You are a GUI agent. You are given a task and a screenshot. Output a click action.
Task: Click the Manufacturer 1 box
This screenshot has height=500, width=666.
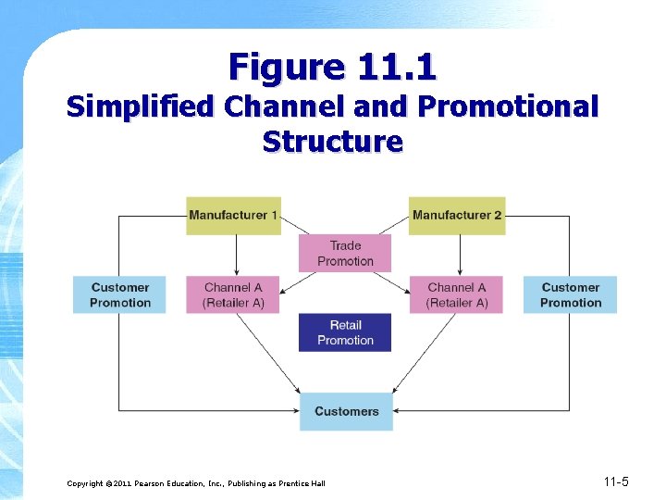233,216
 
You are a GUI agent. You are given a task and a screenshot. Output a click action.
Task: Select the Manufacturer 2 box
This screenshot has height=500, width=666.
458,216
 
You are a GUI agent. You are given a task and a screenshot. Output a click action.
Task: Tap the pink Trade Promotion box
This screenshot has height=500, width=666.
345,253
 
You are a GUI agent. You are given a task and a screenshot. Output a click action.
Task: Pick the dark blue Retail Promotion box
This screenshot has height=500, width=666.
345,332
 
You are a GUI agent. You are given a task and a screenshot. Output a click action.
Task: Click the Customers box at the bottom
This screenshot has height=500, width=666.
346,411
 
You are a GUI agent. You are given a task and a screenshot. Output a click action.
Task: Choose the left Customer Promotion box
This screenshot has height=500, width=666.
120,294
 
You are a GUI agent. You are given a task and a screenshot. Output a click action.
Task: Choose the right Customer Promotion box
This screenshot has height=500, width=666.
570,294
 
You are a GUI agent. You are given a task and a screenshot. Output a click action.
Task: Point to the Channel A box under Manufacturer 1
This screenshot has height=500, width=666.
233,294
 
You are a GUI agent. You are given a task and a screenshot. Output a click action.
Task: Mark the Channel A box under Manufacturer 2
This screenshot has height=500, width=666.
457,294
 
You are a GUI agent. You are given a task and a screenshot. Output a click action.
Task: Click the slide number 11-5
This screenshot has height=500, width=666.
615,481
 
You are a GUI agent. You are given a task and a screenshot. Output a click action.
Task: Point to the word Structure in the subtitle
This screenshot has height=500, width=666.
333,142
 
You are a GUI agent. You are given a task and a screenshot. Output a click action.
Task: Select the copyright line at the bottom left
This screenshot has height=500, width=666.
196,483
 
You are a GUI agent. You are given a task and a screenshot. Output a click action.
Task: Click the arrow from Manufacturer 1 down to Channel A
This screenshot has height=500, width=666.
236,255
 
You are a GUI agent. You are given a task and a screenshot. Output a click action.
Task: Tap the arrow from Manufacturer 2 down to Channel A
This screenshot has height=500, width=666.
460,255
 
